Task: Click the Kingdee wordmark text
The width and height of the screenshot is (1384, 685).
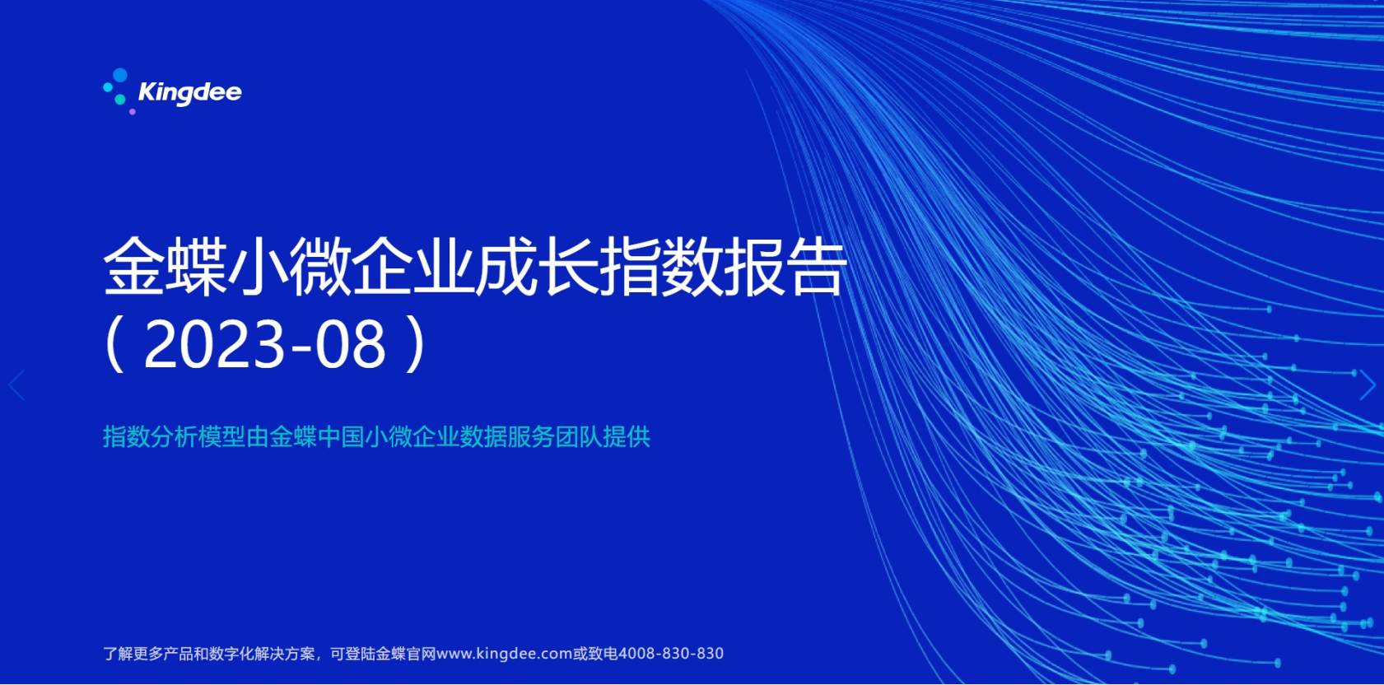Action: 189,93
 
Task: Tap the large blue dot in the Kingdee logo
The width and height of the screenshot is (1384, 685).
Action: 120,75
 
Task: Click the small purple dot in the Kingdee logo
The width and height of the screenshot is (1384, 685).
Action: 133,112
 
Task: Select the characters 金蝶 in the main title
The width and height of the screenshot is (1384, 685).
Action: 165,267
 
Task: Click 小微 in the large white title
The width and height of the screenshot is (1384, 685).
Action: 288,267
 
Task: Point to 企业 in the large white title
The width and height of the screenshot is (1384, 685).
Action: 412,267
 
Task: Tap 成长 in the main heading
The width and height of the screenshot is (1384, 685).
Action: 536,267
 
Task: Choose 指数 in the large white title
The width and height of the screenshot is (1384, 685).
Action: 660,267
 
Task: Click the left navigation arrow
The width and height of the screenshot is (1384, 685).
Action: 16,384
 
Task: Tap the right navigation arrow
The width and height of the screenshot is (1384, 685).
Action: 1367,384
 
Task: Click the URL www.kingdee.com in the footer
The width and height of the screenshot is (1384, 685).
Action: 504,654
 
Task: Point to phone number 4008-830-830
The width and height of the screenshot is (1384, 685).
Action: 671,654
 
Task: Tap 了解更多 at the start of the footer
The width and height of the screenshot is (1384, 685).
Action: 133,654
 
